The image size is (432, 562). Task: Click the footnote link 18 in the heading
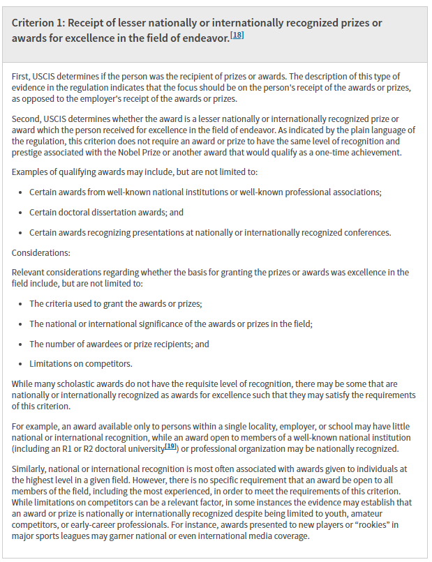click(x=238, y=36)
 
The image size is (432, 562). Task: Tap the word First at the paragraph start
click(x=22, y=75)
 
